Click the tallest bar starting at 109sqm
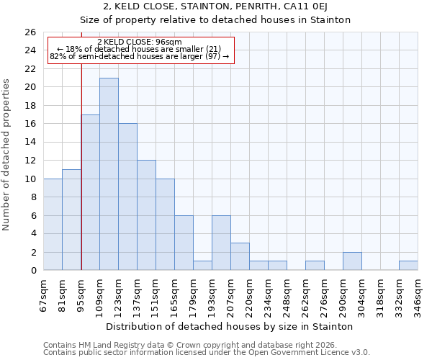pos(109,174)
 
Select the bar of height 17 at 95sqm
pos(90,192)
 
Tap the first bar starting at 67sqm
pos(53,225)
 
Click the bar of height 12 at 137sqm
pos(146,215)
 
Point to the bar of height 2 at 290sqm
pos(352,261)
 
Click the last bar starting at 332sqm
pos(408,266)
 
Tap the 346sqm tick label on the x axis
pos(418,296)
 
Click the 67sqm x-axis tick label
pos(44,296)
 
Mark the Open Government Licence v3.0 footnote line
pos(207,353)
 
